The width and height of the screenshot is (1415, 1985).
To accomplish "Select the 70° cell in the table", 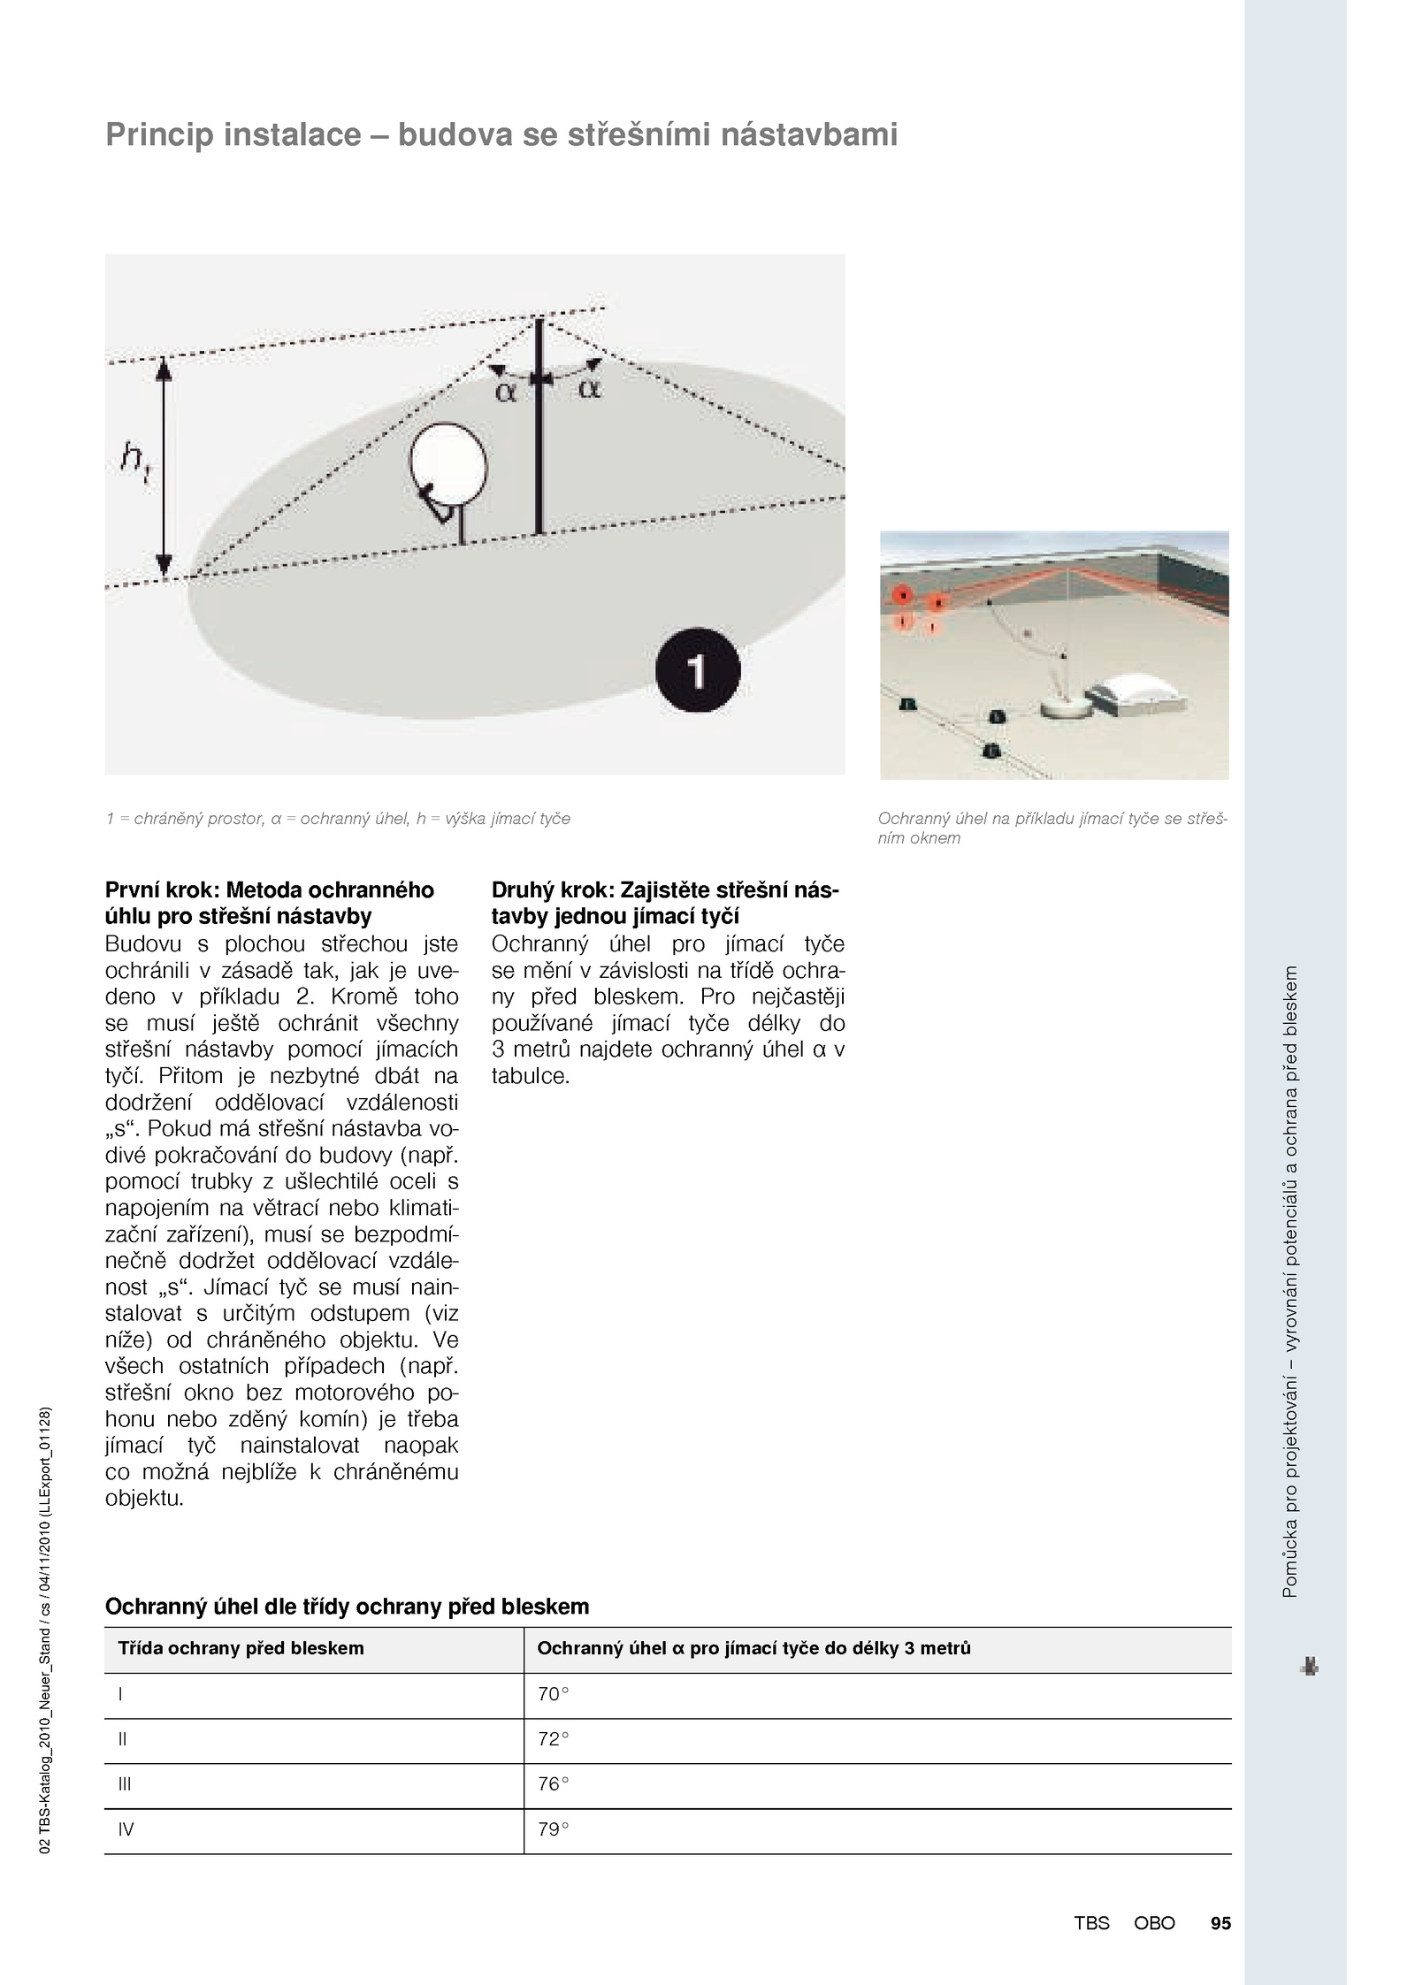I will coord(554,1694).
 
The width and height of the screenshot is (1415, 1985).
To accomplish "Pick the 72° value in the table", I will coord(554,1739).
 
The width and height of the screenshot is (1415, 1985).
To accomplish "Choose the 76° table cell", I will coord(554,1784).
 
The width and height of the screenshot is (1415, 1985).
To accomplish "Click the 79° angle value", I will coord(554,1829).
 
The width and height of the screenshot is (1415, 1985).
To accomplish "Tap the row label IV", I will coord(126,1829).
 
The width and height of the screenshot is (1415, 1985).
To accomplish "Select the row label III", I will coord(125,1784).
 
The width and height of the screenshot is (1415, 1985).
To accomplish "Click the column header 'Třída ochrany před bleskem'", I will coord(241,1648).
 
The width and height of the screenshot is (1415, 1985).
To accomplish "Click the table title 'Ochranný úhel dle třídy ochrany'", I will coord(347,1607).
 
